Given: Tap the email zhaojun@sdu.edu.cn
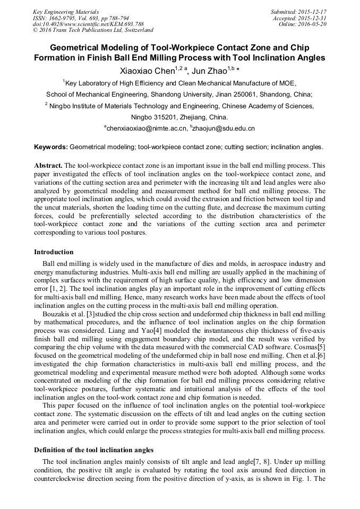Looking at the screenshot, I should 224,128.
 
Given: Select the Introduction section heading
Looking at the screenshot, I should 54,252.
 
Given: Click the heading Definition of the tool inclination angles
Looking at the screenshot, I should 94,450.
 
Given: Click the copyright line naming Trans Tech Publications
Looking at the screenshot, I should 93,30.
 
